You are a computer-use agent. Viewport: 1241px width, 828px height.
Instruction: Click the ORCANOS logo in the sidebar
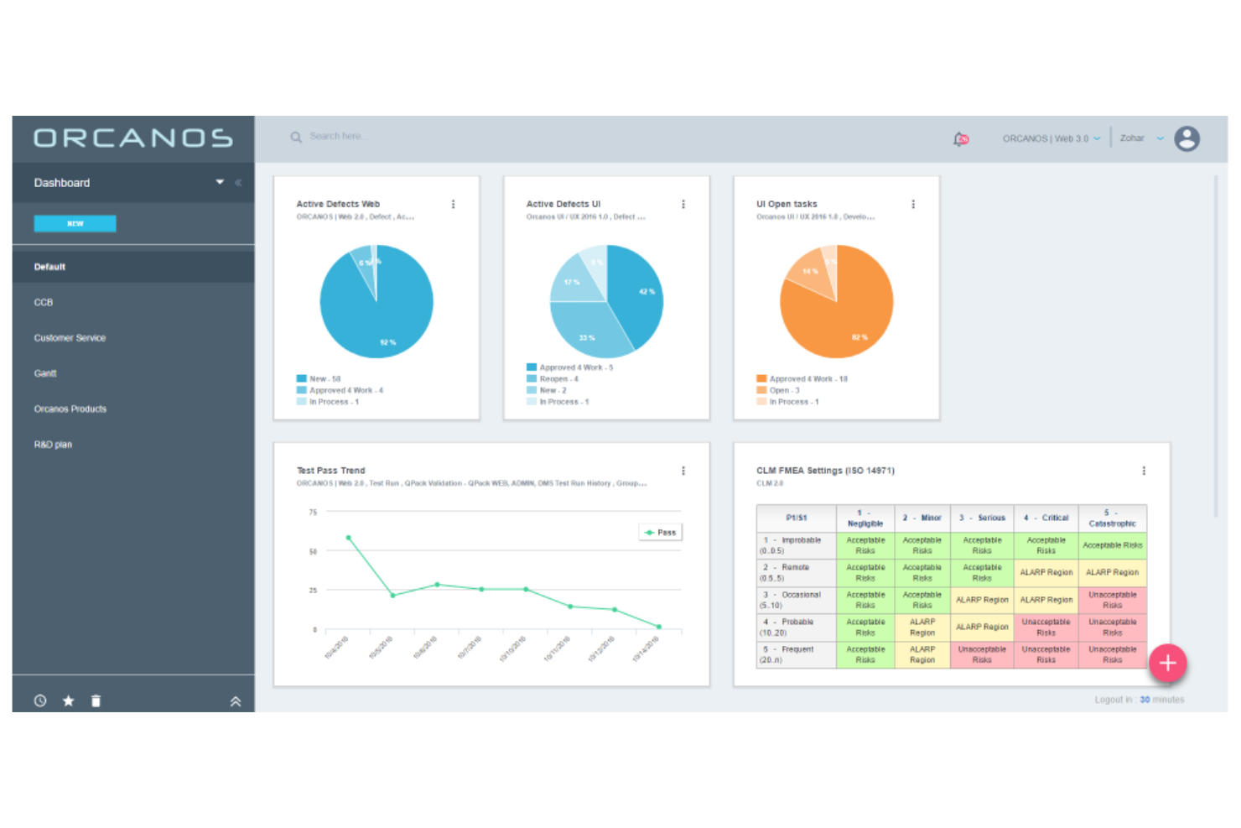coord(133,138)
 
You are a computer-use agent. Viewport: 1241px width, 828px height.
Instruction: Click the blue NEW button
coord(75,223)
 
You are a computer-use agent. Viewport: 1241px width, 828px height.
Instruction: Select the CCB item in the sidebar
coord(44,302)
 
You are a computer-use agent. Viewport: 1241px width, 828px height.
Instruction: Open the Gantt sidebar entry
coord(45,373)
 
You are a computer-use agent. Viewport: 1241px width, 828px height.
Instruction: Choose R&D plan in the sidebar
coord(53,445)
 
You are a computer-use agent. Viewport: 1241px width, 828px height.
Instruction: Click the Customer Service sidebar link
coord(70,338)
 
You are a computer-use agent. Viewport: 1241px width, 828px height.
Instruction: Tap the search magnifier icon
coord(296,137)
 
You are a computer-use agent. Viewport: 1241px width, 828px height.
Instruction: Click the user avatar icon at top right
coord(1186,138)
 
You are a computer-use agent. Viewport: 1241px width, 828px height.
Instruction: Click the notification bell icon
coord(961,138)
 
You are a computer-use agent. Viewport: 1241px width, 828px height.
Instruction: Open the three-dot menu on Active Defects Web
coord(454,204)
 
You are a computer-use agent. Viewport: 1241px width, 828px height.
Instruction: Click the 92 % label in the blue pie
coord(387,342)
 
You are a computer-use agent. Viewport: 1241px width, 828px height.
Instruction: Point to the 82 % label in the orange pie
coord(859,337)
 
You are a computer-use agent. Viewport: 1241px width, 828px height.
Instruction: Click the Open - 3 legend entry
coord(784,390)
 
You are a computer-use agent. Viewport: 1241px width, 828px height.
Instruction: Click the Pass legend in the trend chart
coord(661,532)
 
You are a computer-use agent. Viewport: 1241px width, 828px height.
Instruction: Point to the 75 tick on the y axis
coord(313,512)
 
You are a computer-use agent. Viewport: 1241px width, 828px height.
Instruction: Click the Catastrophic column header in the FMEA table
coord(1112,518)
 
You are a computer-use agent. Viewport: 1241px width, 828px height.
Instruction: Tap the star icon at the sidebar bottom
coord(69,700)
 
